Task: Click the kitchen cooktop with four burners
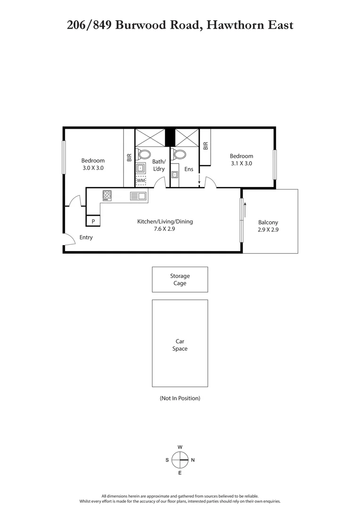(x=107, y=195)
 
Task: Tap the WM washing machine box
(x=141, y=181)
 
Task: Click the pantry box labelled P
(x=93, y=221)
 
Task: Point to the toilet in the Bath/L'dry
(x=144, y=154)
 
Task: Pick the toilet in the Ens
(x=179, y=154)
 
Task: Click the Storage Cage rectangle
(x=180, y=279)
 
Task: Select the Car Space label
(x=180, y=345)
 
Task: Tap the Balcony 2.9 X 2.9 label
(x=268, y=227)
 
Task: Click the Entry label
(x=86, y=238)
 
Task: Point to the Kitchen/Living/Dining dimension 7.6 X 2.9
(x=165, y=230)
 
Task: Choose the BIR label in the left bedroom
(x=129, y=158)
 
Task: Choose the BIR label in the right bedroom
(x=205, y=147)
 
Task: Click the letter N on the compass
(x=193, y=460)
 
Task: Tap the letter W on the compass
(x=180, y=447)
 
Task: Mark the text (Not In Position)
(x=180, y=398)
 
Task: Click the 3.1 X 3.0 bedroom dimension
(x=241, y=164)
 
